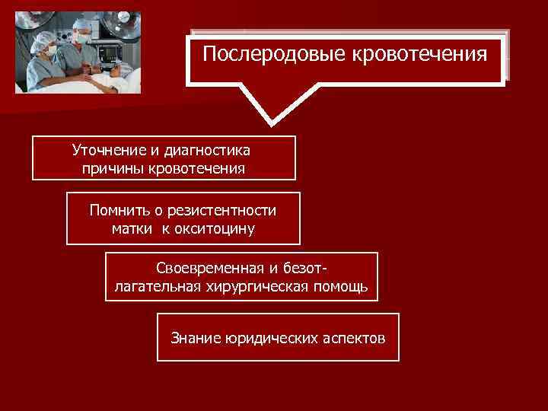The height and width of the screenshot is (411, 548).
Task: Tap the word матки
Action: [131, 228]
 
